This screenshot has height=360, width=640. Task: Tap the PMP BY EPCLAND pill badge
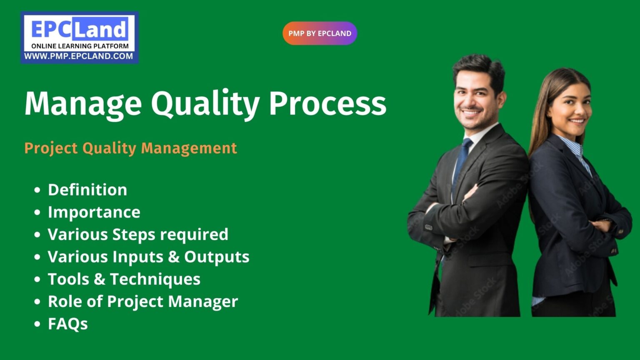pyautogui.click(x=320, y=33)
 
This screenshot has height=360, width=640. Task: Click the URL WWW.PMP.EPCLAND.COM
pyautogui.click(x=79, y=56)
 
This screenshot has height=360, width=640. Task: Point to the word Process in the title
pyautogui.click(x=327, y=103)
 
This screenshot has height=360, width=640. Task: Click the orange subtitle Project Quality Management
pyautogui.click(x=130, y=148)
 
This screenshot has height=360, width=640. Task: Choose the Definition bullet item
pyautogui.click(x=87, y=190)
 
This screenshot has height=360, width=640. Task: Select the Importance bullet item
pyautogui.click(x=94, y=212)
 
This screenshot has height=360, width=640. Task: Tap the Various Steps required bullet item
pyautogui.click(x=138, y=234)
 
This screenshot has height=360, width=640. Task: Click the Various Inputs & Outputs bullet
pyautogui.click(x=148, y=257)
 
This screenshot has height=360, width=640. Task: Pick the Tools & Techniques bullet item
pyautogui.click(x=124, y=279)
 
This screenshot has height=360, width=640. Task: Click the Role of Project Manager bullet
pyautogui.click(x=143, y=301)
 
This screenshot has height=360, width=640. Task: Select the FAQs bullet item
pyautogui.click(x=68, y=324)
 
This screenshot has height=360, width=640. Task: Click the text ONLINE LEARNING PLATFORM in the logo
pyautogui.click(x=80, y=46)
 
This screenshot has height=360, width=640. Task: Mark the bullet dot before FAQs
pyautogui.click(x=37, y=324)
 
